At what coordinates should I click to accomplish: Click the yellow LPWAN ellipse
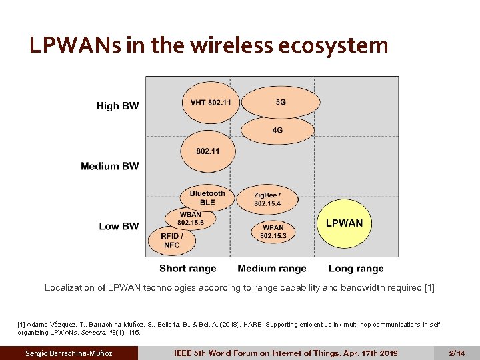pyautogui.click(x=343, y=223)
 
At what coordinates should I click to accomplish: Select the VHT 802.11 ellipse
pyautogui.click(x=210, y=103)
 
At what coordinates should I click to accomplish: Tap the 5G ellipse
pyautogui.click(x=280, y=103)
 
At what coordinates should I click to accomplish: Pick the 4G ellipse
pyautogui.click(x=277, y=130)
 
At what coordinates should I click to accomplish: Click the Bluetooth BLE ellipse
pyautogui.click(x=207, y=198)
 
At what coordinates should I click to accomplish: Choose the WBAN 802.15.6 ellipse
pyautogui.click(x=191, y=218)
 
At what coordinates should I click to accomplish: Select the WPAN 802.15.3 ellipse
pyautogui.click(x=273, y=231)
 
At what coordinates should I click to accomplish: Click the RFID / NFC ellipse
pyautogui.click(x=172, y=240)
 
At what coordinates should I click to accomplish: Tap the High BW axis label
pyautogui.click(x=117, y=106)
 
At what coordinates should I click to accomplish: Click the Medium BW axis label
pyautogui.click(x=110, y=166)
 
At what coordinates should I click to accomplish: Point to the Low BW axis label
pyautogui.click(x=119, y=226)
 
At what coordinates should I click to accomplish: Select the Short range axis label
pyautogui.click(x=187, y=269)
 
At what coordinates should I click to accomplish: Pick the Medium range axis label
pyautogui.click(x=272, y=269)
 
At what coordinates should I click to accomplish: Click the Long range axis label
pyautogui.click(x=356, y=269)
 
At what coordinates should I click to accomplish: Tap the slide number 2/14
pyautogui.click(x=457, y=353)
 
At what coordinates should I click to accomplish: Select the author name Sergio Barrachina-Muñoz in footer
pyautogui.click(x=69, y=353)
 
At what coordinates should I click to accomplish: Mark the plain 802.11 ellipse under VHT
pyautogui.click(x=208, y=151)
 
